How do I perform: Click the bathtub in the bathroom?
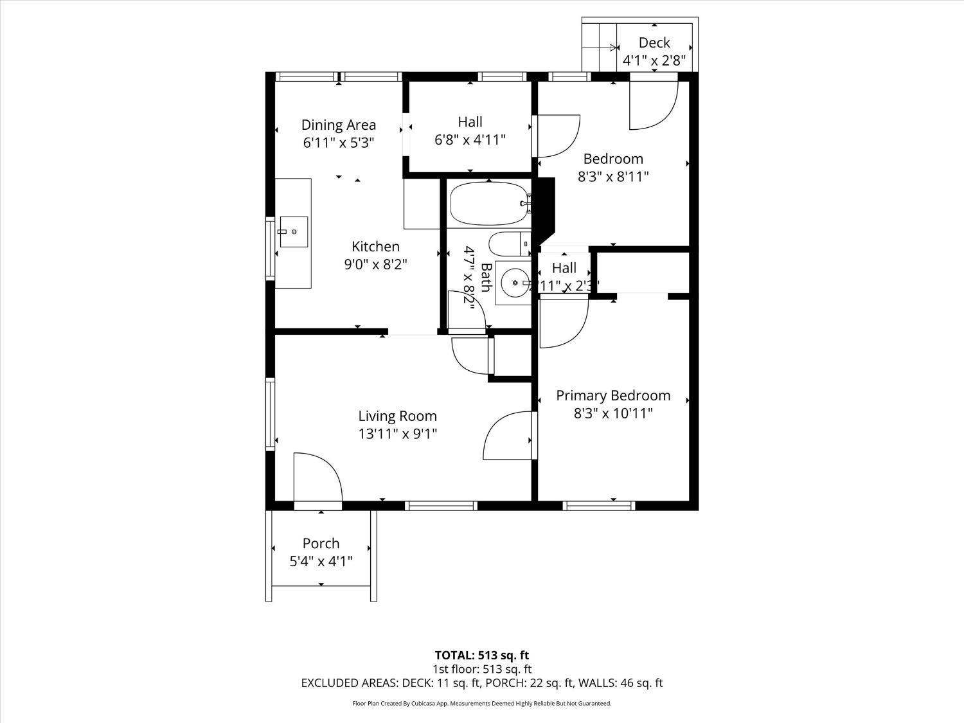[x=488, y=204]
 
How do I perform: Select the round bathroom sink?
[x=513, y=283]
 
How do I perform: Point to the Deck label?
[x=654, y=43]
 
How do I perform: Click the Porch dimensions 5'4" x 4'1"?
[x=321, y=562]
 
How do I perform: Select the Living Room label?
[x=397, y=416]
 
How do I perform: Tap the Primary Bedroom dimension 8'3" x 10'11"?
[x=613, y=413]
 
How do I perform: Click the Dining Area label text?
[x=339, y=125]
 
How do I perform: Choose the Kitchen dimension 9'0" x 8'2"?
[x=376, y=264]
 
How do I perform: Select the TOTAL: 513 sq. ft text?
[x=481, y=656]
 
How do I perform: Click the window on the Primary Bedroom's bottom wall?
[x=599, y=506]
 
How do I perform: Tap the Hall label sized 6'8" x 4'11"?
[x=470, y=139]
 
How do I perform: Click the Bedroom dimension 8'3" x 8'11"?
[x=613, y=177]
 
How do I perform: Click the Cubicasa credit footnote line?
[x=481, y=704]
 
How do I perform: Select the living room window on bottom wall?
[x=441, y=506]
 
